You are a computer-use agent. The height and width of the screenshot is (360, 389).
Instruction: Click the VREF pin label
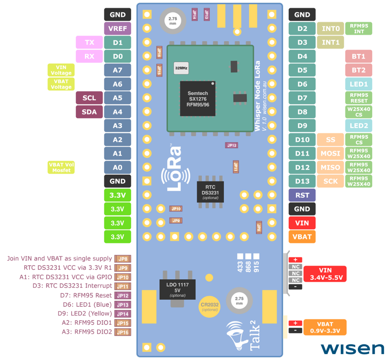[x=118, y=28]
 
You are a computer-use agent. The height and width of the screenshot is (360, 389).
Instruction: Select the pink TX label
[x=89, y=42]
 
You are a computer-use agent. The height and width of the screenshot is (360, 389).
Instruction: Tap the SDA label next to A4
[x=89, y=112]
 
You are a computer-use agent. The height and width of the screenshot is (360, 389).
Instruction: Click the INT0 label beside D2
[x=330, y=28]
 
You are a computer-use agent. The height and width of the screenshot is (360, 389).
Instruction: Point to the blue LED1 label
[x=359, y=84]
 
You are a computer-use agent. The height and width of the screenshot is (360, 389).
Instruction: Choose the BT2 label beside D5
[x=359, y=70]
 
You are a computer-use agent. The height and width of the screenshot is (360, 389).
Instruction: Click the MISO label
[x=330, y=167]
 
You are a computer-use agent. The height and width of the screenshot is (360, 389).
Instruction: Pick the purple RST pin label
[x=302, y=195]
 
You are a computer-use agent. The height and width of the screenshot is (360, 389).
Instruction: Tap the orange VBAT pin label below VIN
[x=302, y=237]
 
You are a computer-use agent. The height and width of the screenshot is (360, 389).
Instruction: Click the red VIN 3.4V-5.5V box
[x=325, y=274]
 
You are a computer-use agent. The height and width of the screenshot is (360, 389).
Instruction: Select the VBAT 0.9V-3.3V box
[x=325, y=327]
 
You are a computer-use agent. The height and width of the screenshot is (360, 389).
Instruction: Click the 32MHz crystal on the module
[x=181, y=68]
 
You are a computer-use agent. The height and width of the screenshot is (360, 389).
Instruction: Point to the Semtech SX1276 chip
[x=198, y=98]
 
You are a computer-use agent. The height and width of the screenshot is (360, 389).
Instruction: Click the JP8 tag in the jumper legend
[x=122, y=259]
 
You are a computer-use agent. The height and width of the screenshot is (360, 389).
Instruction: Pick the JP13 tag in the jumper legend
[x=122, y=305]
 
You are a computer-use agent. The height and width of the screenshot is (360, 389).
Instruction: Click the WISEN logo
[x=352, y=348]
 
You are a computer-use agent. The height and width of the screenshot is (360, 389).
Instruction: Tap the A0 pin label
[x=118, y=167]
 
